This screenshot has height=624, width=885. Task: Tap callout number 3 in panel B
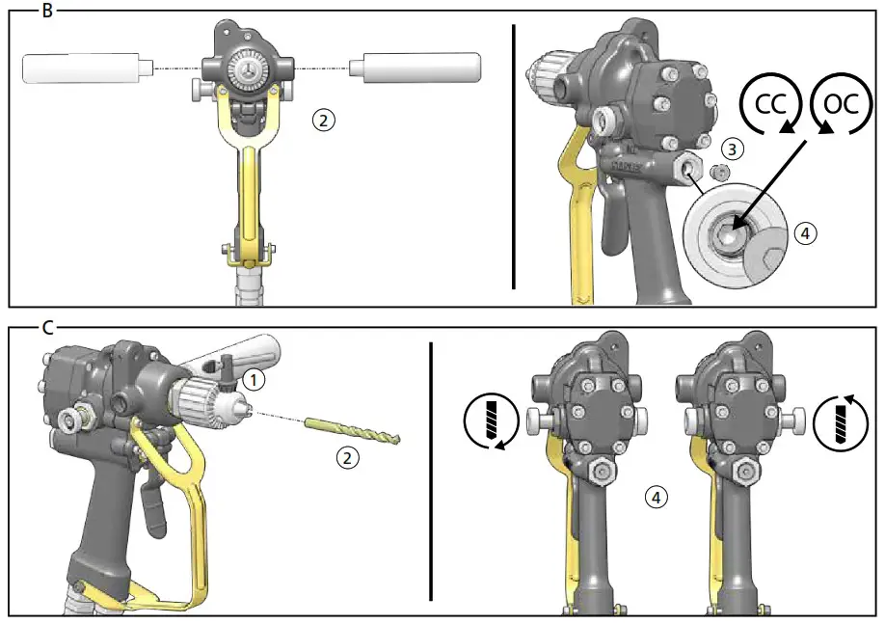point(735,149)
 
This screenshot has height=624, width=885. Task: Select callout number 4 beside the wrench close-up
point(805,232)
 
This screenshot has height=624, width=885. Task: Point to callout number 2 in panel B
point(324,120)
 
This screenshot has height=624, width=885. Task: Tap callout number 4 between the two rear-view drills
point(655,498)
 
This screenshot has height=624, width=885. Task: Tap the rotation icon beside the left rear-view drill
point(485,421)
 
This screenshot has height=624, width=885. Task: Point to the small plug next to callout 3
point(717,171)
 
